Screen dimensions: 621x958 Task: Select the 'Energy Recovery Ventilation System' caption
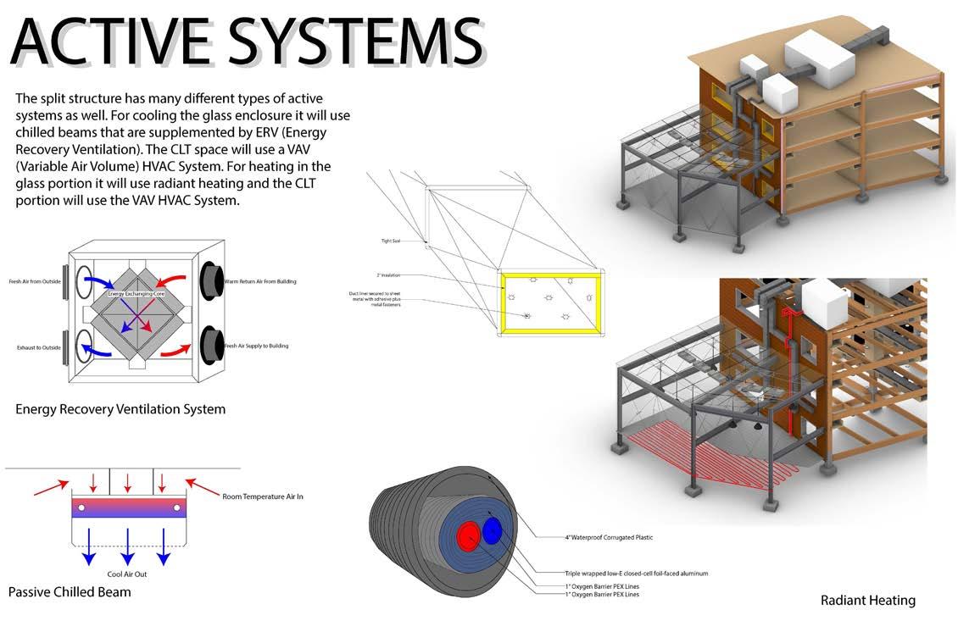(120, 409)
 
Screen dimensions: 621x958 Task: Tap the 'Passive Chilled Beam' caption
(70, 591)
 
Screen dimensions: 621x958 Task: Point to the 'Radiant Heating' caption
(867, 600)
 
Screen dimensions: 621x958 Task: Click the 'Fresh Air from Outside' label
(36, 281)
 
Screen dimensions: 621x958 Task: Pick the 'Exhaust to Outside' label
(38, 347)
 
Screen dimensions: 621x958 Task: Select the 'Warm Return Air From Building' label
(260, 281)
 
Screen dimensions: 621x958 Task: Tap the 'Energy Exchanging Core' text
(133, 293)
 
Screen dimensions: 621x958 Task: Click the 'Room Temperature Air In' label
(262, 496)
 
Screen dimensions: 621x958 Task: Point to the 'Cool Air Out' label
(126, 574)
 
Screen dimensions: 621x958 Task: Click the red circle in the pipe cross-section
(468, 535)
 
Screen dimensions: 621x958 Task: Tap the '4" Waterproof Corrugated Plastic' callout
(609, 537)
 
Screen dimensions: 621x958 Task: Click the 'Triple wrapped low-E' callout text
(636, 574)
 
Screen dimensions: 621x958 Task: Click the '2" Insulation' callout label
(389, 275)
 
